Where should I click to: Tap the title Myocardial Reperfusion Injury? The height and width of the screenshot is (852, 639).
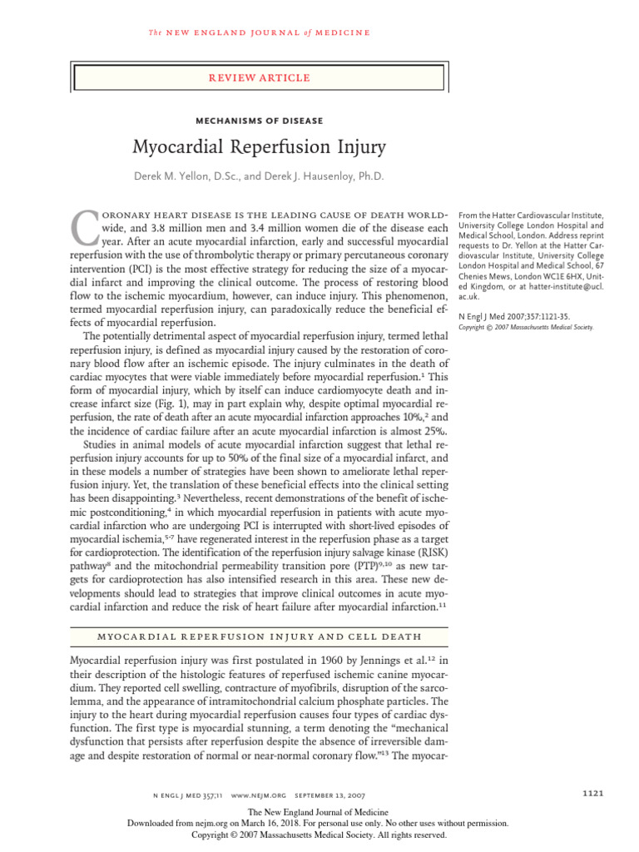pyautogui.click(x=260, y=149)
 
